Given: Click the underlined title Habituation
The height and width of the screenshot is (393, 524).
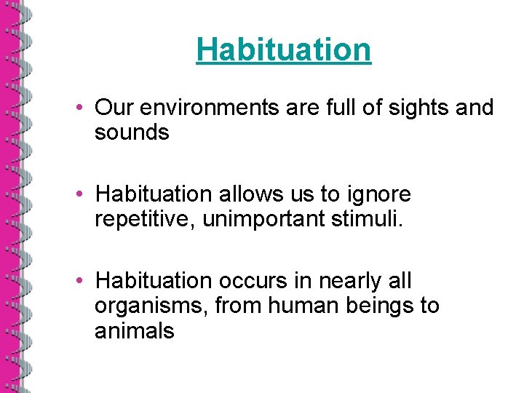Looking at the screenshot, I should pos(283,49).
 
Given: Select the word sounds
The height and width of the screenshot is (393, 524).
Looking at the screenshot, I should pos(132,133).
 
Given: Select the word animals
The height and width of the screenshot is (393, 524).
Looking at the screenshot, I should pos(135,331).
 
